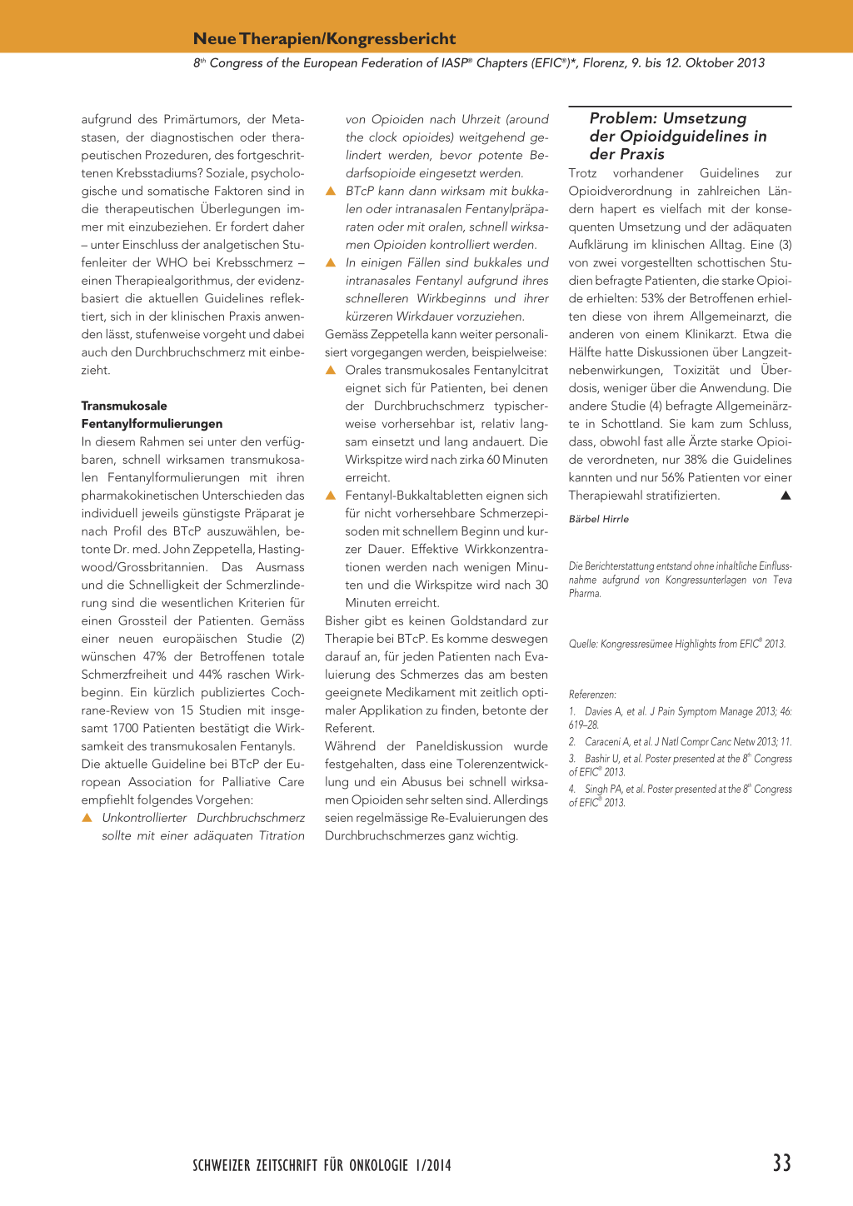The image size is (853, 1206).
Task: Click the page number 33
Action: tap(781, 1163)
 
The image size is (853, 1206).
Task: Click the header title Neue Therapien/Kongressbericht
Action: tap(324, 38)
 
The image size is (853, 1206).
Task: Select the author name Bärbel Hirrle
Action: tap(598, 519)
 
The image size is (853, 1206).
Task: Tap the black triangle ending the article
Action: tap(785, 496)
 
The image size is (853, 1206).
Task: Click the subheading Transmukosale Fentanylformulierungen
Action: tap(152, 415)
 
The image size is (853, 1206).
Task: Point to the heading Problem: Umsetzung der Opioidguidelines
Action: tap(677, 136)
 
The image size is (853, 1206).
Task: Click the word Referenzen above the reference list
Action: tap(592, 695)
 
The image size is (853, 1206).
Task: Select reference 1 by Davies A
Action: tap(680, 717)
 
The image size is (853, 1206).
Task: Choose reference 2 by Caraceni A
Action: tap(680, 741)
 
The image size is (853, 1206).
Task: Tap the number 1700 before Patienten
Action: tap(127, 728)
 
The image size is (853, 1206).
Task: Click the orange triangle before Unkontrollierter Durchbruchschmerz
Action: tap(87, 818)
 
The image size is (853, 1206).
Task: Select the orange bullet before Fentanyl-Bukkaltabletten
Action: tap(330, 496)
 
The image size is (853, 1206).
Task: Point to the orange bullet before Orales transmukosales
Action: tap(330, 370)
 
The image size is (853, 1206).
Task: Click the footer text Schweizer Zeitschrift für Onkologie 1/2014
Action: tap(322, 1165)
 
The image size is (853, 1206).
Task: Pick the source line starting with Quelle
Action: tap(676, 644)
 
